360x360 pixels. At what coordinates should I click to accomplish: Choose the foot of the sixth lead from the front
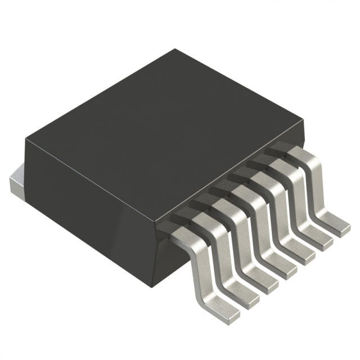pos(319,240)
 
